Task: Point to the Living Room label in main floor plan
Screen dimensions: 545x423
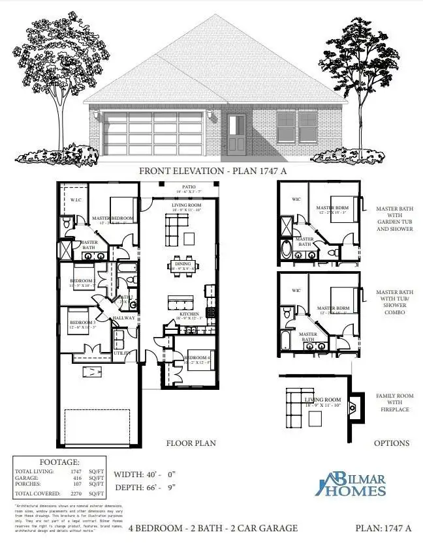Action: (x=187, y=205)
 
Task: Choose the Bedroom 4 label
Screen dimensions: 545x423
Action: (x=197, y=358)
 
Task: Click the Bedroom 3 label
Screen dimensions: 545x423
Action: (x=83, y=323)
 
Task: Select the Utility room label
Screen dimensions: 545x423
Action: (x=123, y=353)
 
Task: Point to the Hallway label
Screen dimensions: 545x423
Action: (x=123, y=318)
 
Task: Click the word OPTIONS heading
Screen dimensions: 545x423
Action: (x=392, y=443)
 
